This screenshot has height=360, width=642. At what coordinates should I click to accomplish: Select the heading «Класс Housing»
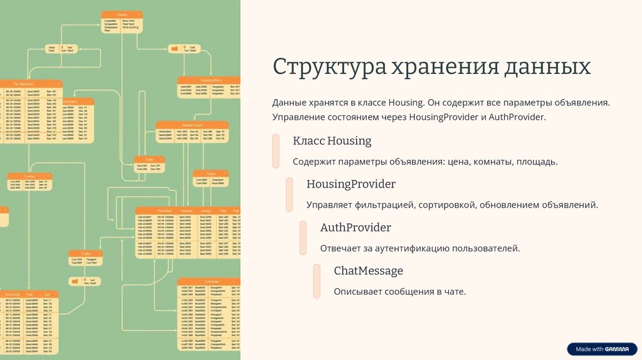[332, 141]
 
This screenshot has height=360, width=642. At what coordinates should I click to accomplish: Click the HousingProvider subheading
[350, 184]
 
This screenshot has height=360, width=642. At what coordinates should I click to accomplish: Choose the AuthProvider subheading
[355, 228]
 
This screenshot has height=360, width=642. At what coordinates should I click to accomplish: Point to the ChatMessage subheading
[368, 271]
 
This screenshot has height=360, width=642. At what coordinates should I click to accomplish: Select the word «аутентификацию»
[406, 248]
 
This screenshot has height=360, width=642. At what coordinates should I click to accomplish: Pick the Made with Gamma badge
[601, 349]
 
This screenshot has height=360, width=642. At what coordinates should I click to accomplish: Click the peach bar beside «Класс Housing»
[276, 151]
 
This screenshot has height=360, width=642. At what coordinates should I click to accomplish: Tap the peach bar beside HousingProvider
[290, 194]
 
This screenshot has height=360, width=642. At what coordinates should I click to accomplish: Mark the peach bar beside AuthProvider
[303, 238]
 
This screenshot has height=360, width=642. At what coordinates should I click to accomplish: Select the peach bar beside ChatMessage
[317, 281]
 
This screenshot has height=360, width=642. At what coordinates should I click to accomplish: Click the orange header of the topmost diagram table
[122, 14]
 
